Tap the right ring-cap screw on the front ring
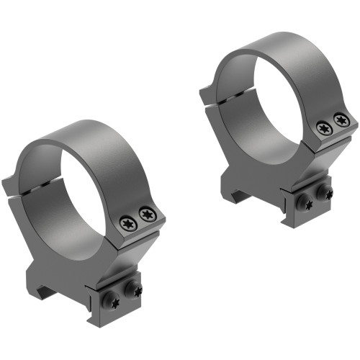point(147,214)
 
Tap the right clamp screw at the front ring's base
point(136,289)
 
